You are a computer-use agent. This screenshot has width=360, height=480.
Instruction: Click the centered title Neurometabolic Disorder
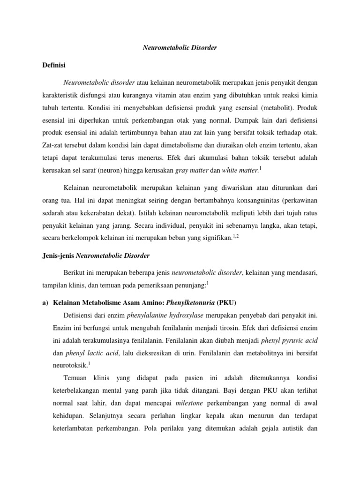point(180,48)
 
